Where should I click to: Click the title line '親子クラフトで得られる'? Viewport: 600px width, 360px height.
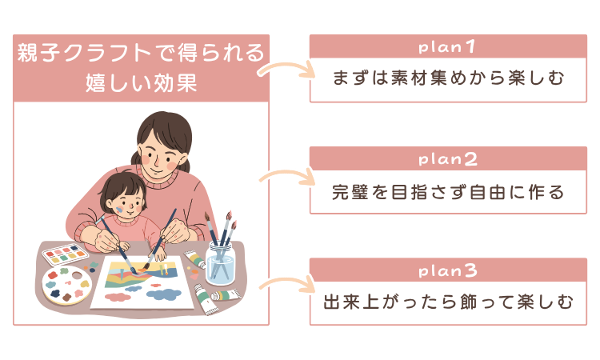click(x=141, y=54)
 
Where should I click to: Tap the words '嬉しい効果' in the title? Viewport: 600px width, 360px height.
click(x=141, y=82)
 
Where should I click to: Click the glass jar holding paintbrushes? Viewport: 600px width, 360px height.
click(x=221, y=261)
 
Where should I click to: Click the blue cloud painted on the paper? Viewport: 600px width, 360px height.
click(x=163, y=294)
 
